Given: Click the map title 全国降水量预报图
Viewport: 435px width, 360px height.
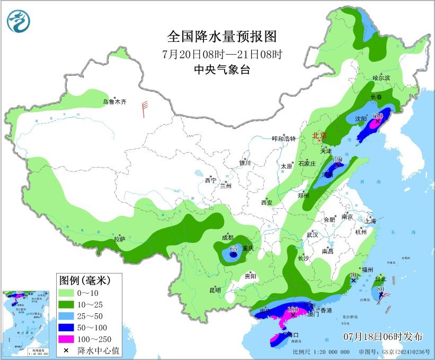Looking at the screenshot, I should (222, 36).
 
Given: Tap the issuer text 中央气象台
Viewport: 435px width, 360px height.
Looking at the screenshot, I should (222, 69).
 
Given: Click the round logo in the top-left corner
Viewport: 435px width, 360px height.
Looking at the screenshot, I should (19, 21).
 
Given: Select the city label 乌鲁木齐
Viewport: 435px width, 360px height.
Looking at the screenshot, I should (115, 102).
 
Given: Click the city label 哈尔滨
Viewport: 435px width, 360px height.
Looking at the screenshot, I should (381, 78).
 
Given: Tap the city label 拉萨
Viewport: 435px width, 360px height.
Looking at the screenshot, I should (120, 239).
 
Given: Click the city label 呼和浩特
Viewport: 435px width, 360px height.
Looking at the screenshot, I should (283, 139).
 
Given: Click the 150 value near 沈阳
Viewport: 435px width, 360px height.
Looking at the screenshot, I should (377, 116).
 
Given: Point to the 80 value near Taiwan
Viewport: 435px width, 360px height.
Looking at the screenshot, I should (380, 289).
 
